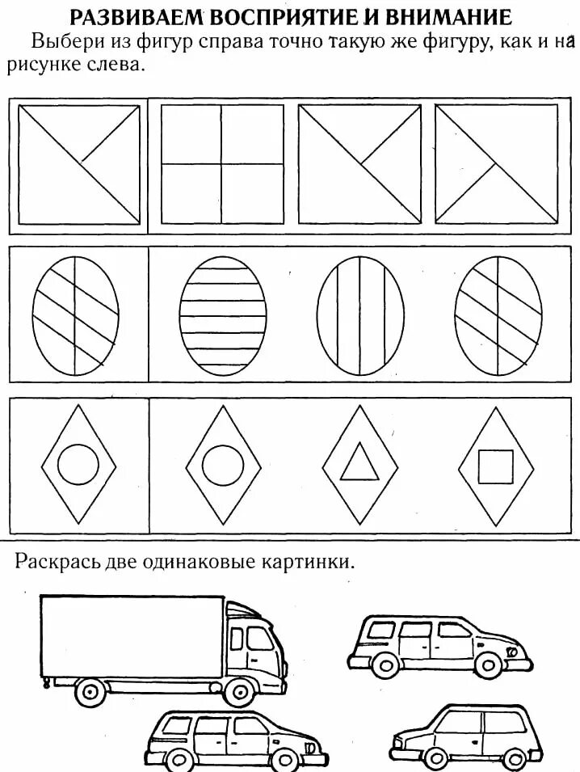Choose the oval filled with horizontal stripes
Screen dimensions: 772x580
pyautogui.click(x=223, y=308)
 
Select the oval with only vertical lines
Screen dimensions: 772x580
pyautogui.click(x=360, y=308)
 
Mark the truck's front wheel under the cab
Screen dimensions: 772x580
pyautogui.click(x=238, y=691)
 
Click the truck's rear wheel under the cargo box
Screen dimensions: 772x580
pyautogui.click(x=90, y=691)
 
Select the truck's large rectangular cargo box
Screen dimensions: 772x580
pyautogui.click(x=132, y=635)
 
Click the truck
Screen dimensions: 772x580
pyautogui.click(x=162, y=647)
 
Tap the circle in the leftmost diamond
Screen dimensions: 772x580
pyautogui.click(x=79, y=466)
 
